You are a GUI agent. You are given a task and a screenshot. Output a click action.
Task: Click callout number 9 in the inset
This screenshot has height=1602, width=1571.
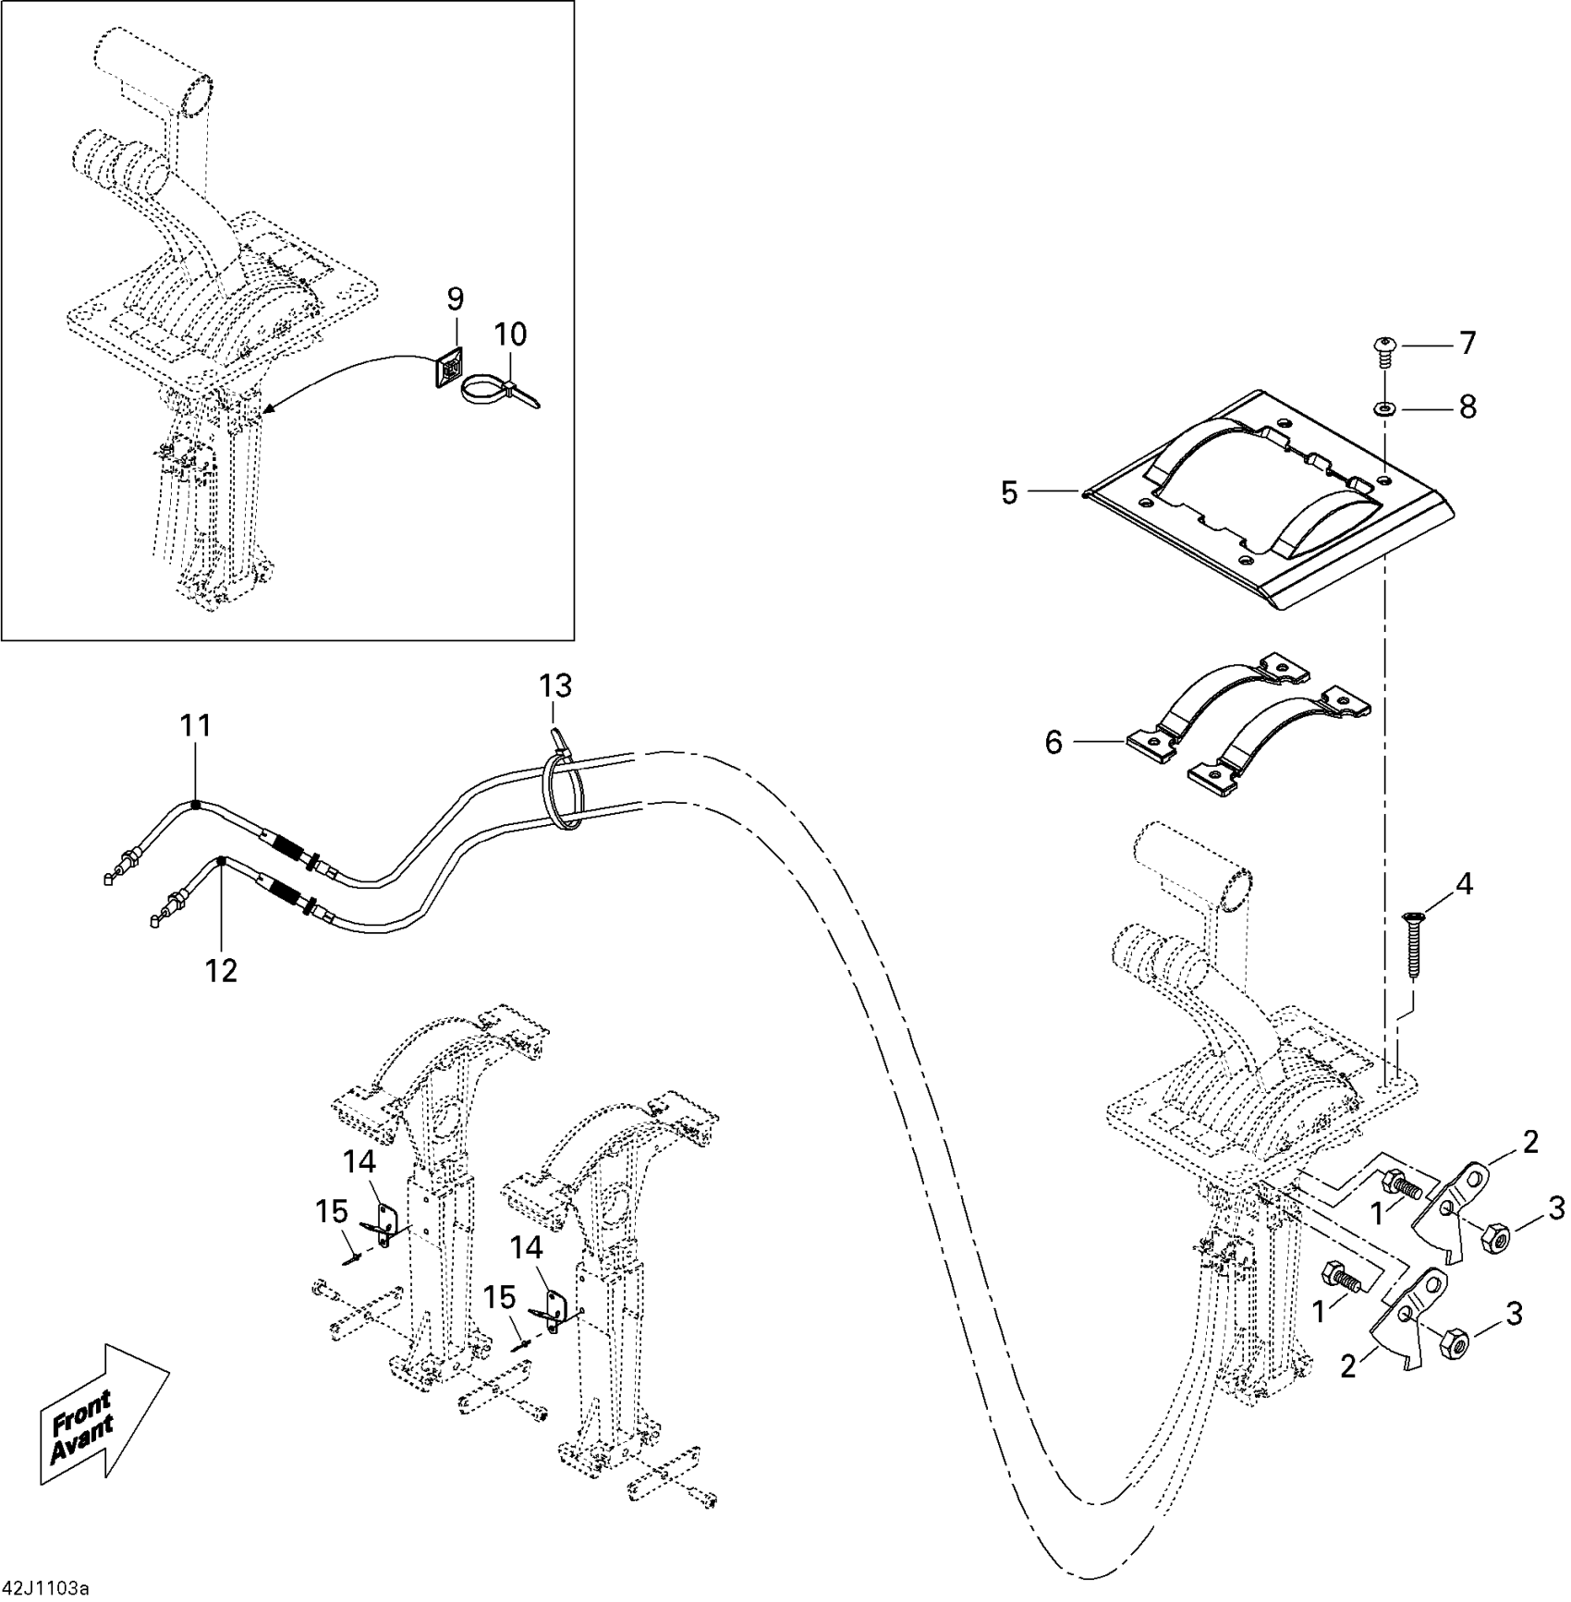455,299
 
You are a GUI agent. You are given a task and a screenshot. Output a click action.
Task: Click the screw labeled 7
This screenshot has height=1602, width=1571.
1383,346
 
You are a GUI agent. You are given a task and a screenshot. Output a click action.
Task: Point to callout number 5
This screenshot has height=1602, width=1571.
1009,492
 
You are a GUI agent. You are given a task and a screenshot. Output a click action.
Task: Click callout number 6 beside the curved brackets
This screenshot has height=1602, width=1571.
1053,742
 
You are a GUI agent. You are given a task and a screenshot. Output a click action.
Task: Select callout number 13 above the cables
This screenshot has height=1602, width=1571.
555,686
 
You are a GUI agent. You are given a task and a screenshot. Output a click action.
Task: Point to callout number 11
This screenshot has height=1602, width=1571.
196,726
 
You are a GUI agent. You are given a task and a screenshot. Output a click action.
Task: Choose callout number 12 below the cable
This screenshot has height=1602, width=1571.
222,970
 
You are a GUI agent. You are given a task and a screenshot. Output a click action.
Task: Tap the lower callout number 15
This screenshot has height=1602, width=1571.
500,1298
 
